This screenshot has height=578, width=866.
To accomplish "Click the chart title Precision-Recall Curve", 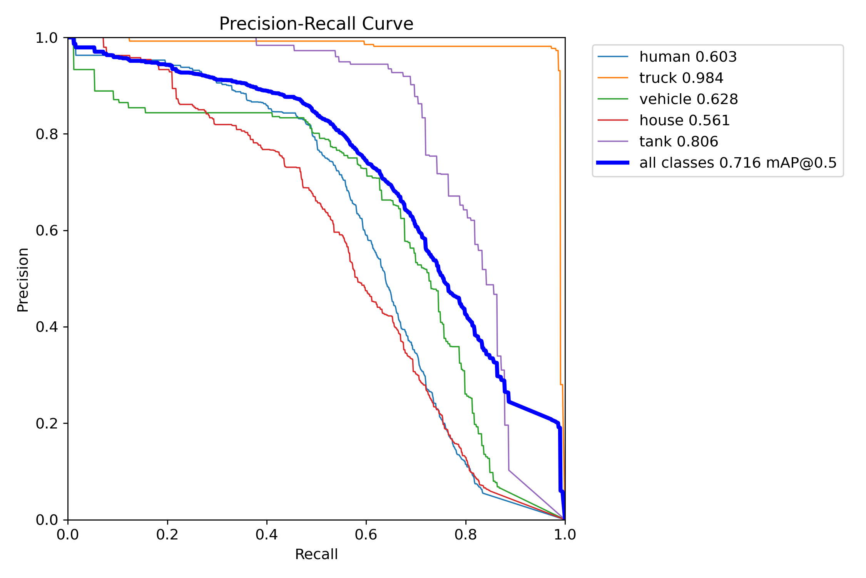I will (316, 24).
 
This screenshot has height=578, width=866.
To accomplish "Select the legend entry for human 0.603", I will (688, 57).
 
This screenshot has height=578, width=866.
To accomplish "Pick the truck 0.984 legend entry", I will (681, 78).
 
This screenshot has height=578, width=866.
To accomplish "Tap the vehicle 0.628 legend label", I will (688, 99).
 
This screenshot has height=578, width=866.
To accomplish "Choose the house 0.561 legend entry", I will (684, 121).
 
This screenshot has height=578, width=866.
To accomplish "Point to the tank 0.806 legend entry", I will (679, 142).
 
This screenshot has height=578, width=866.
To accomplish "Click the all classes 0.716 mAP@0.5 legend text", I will (738, 163).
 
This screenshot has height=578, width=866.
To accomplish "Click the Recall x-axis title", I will (316, 554).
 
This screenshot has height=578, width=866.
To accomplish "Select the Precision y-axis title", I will (23, 279).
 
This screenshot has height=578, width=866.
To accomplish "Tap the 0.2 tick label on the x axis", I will (167, 534).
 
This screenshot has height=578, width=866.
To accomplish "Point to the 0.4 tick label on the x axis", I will (267, 534).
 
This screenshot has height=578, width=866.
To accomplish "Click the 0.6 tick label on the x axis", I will (366, 534).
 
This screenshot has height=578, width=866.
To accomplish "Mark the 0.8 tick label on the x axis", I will (466, 534).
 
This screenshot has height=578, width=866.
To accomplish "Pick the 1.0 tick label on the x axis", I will (565, 534).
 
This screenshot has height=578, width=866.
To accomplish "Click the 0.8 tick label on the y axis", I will (47, 134).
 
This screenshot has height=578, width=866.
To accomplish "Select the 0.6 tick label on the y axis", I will (47, 230).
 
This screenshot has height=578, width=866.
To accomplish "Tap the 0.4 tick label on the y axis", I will (47, 327).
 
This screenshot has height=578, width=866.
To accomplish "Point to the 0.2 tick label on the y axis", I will (47, 423).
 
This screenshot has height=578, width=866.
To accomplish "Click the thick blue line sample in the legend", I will (613, 163).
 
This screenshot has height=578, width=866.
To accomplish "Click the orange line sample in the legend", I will (613, 78).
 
